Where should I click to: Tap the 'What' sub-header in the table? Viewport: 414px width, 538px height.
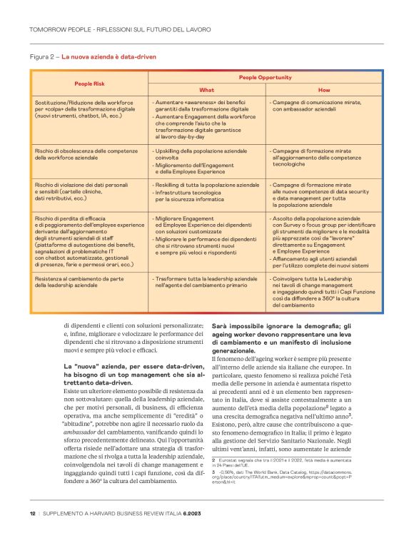(207, 91)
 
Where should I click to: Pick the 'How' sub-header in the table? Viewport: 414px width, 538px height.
(325, 91)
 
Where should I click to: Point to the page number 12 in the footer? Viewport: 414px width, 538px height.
(33, 512)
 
